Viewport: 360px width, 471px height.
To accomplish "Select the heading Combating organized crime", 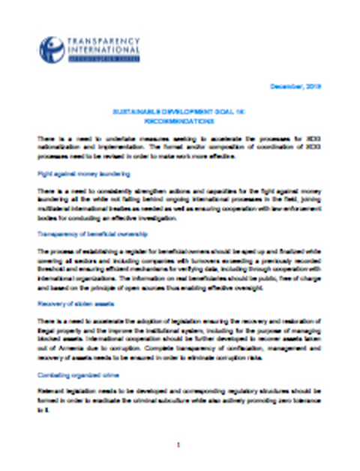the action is (x=75, y=373).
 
